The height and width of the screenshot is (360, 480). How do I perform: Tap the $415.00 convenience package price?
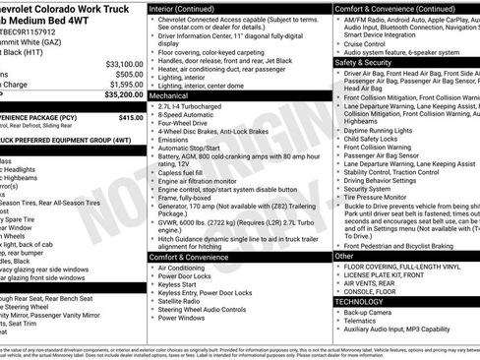tap(131, 117)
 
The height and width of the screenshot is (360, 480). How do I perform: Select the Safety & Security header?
tap(363, 61)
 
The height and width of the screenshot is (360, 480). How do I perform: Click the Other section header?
tap(344, 256)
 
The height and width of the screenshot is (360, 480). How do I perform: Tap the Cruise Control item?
tap(365, 44)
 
